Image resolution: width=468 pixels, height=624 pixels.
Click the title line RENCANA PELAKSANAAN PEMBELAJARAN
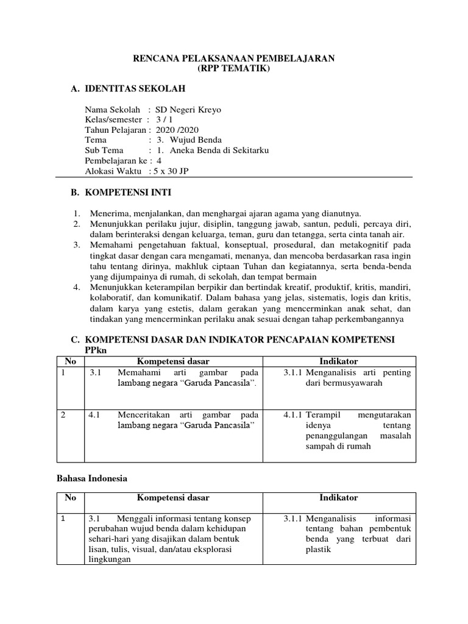pos(234,58)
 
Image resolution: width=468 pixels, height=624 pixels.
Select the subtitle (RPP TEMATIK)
pos(234,69)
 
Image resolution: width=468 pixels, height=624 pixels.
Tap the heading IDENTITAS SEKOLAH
pos(134,89)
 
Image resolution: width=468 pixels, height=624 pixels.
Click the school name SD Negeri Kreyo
pos(189,110)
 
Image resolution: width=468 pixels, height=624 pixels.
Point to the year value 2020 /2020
pos(177,130)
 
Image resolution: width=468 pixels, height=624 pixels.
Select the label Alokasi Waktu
pos(113,170)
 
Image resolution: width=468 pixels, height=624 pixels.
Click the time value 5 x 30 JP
pos(173,170)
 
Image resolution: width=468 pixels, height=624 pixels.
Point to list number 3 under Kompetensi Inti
pos(77,244)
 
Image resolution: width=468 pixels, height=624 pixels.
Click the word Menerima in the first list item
pos(108,213)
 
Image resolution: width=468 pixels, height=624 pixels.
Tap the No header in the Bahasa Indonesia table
pos(70,497)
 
